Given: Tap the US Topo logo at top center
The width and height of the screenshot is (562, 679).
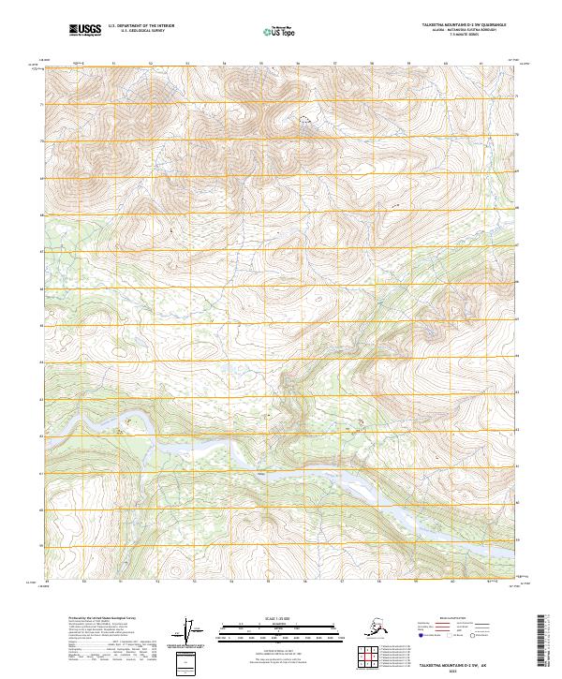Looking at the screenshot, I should click(276, 31).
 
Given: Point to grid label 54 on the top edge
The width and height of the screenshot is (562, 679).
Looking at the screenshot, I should click(224, 63).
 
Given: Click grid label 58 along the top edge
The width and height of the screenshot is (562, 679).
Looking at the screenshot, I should click(373, 63).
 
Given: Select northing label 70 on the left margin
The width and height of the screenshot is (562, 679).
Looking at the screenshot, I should click(40, 141).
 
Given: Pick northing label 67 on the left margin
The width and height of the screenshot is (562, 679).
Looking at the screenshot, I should click(40, 252).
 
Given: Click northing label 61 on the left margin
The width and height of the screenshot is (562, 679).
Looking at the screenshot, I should click(40, 473).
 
